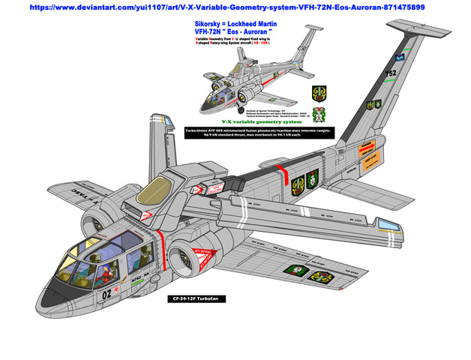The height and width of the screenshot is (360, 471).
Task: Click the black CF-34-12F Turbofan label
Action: point(196,298)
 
